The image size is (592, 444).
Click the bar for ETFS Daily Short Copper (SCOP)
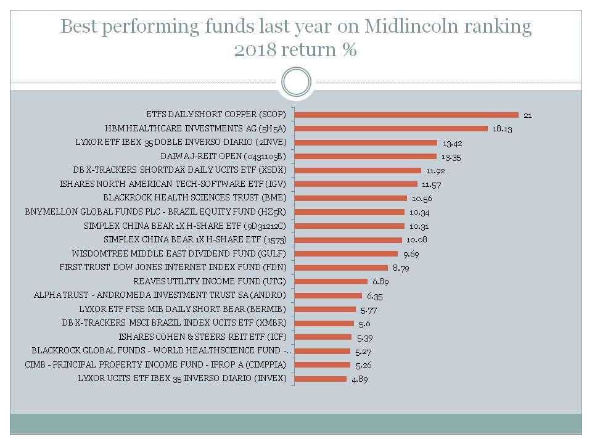pos(406,115)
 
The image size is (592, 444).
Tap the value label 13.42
pos(452,143)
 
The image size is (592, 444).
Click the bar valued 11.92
pos(358,170)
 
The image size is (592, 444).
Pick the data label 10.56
pos(421,199)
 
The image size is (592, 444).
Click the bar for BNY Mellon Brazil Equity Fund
pos(350,212)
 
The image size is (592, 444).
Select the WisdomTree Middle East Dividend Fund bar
pos(346,253)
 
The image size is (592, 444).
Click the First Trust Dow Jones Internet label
pos(173,268)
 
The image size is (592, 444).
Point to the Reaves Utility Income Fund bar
pos(331,281)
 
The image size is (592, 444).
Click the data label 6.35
pos(375,296)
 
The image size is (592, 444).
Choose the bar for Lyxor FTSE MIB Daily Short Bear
pos(325,309)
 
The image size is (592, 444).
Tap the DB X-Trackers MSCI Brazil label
pos(175,323)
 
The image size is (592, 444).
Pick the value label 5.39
pos(365,337)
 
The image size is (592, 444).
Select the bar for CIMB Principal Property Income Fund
pos(323,364)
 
